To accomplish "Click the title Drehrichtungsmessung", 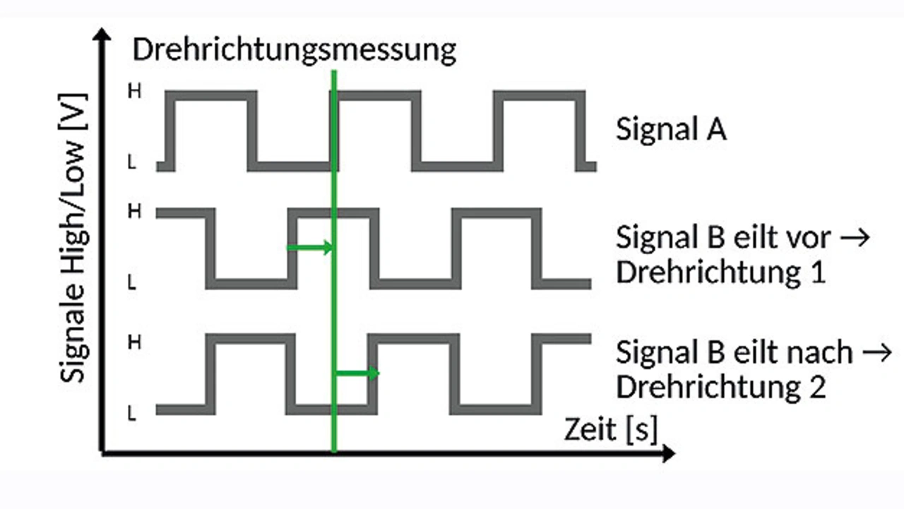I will tap(294, 51).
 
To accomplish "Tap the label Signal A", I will tap(670, 130).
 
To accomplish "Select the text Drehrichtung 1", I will tap(720, 273).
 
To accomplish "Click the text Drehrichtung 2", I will tap(720, 387).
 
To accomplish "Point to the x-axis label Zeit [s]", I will tap(610, 429).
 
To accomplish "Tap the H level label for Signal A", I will tap(133, 91).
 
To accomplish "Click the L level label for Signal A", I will tap(132, 163).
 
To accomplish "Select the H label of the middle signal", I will tap(133, 211).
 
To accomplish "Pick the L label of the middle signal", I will tap(132, 283).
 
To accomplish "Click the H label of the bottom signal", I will tap(133, 342).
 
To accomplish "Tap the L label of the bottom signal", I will tap(132, 414).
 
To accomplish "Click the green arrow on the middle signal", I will tap(309, 247).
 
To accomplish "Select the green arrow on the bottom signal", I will tap(357, 373).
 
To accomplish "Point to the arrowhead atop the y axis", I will tap(103, 35).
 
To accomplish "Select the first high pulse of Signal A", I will tap(211, 96).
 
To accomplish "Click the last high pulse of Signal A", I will tap(540, 96).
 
